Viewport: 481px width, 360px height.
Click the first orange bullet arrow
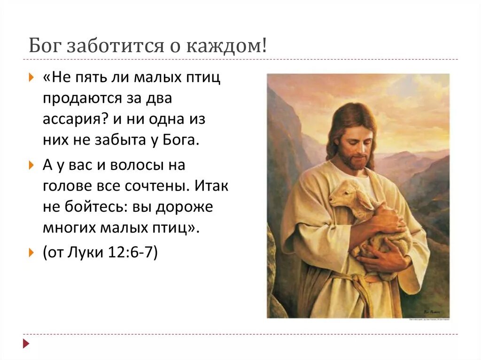[31, 77]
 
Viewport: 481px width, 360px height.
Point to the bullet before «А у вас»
[31, 165]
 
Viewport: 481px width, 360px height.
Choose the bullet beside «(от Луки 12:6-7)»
[31, 253]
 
